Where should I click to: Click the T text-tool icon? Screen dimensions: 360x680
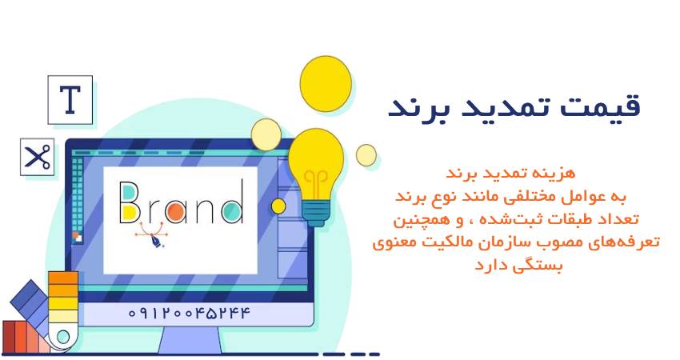tap(70, 100)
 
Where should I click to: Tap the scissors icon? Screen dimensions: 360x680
tap(37, 157)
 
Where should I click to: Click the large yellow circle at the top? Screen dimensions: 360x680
tap(326, 83)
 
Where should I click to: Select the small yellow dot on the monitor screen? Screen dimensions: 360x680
tap(278, 206)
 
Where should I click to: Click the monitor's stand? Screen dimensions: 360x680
tap(189, 339)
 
